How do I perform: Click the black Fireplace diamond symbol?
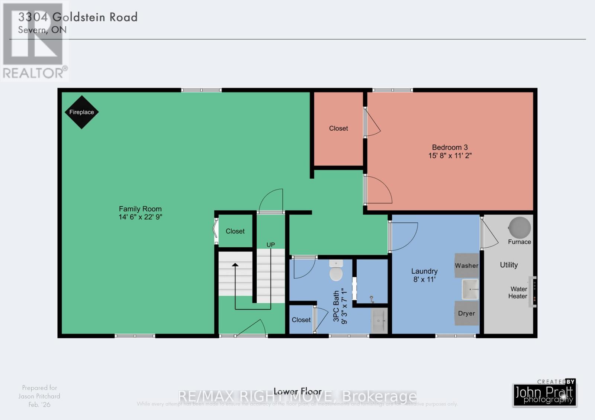[x=81, y=112]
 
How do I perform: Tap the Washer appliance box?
[x=466, y=266]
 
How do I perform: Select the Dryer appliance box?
[x=466, y=313]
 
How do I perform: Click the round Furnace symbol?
[x=520, y=227]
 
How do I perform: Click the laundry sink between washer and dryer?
[x=470, y=290]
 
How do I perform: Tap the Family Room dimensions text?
[x=140, y=217]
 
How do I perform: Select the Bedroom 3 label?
[x=450, y=147]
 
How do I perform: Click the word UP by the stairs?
[x=270, y=245]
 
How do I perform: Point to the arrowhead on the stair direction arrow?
[x=235, y=265]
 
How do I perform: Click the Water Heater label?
[x=518, y=293]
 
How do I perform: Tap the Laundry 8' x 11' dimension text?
[x=424, y=279]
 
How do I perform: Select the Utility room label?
[x=508, y=265]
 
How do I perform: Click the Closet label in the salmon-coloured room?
[x=338, y=128]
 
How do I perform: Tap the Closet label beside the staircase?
[x=235, y=231]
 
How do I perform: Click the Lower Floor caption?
[x=297, y=391]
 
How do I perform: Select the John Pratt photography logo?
[x=545, y=394]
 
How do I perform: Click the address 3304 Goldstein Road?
[x=78, y=17]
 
